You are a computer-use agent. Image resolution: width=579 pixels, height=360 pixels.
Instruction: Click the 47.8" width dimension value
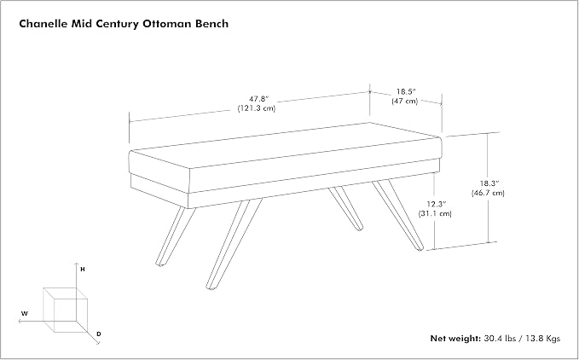click(258, 99)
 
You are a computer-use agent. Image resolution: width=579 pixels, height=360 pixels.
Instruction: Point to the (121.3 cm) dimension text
click(257, 108)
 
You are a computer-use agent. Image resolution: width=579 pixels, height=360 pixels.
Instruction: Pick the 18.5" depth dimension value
click(406, 91)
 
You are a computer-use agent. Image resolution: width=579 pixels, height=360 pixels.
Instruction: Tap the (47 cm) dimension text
click(405, 101)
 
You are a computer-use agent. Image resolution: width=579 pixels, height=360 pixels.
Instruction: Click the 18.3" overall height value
click(489, 183)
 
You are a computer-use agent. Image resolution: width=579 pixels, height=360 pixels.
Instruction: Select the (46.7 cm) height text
click(488, 193)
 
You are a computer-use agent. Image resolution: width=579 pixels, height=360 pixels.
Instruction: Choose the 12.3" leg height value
click(436, 204)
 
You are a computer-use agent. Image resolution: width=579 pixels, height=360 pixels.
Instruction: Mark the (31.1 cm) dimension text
click(435, 213)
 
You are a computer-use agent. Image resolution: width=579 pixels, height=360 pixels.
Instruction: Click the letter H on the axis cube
click(83, 270)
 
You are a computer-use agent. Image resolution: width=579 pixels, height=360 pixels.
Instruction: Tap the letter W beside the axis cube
click(25, 314)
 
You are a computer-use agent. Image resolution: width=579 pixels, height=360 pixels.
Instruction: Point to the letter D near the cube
click(99, 334)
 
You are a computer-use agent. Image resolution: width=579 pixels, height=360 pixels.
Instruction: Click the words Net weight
click(455, 338)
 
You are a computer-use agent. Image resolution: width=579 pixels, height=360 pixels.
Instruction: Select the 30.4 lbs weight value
click(500, 338)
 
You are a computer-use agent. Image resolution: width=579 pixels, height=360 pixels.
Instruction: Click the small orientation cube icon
click(66, 310)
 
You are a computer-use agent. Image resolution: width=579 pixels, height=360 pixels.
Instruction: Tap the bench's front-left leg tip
click(160, 264)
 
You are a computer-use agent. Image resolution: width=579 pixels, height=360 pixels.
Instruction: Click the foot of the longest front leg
click(211, 287)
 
